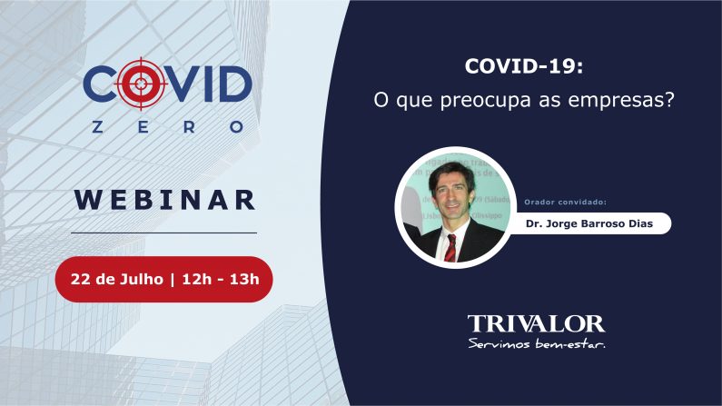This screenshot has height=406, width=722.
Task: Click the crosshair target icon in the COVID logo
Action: [x=139, y=84]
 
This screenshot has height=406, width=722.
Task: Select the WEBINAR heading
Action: [x=164, y=199]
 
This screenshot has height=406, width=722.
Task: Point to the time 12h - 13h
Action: [x=220, y=278]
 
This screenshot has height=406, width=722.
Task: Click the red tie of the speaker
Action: [x=450, y=247]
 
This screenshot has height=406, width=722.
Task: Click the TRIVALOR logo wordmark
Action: [x=536, y=323]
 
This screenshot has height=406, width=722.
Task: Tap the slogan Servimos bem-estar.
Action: [x=536, y=343]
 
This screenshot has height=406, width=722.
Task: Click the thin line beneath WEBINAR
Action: [x=163, y=233]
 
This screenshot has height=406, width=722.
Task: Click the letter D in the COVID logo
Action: [x=232, y=84]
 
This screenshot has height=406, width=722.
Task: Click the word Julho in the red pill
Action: [x=141, y=278]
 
